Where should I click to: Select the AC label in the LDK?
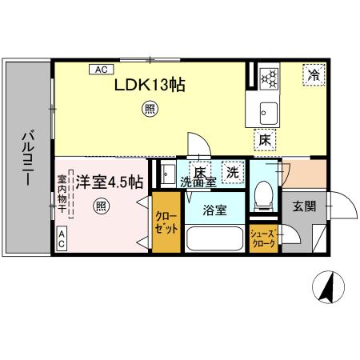tap(102, 70)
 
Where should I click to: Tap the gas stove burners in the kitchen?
tap(269, 78)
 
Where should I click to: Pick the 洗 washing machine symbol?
tap(232, 171)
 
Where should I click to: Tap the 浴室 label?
tap(214, 211)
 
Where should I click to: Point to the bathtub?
tap(214, 240)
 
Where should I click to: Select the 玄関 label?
tap(304, 206)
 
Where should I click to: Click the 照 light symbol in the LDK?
tap(149, 108)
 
